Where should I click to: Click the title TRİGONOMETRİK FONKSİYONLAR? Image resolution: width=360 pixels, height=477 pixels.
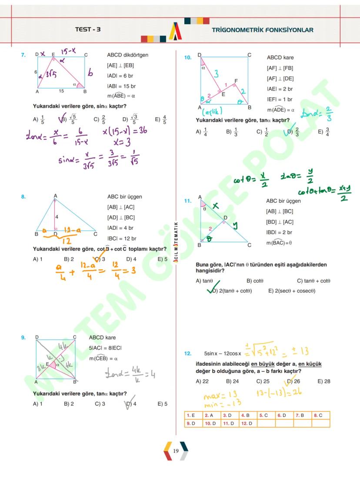[x=263, y=30]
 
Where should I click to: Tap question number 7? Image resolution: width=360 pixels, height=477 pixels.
[x=23, y=55]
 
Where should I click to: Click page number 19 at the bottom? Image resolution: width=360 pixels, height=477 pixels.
[x=176, y=451]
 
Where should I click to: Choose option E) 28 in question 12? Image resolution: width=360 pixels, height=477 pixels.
[x=323, y=381]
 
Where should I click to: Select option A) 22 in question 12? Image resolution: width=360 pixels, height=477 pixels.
[x=202, y=381]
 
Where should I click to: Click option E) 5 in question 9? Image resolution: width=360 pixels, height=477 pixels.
[x=162, y=404]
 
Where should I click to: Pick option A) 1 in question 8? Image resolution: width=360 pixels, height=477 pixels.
[x=38, y=259]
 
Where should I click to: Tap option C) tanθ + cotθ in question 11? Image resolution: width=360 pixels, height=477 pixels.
[x=313, y=281]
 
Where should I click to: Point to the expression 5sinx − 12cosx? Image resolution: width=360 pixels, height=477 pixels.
[x=223, y=354]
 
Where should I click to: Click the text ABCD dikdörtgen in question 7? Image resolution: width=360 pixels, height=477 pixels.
[x=127, y=55]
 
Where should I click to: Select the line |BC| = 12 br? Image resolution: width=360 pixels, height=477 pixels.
[x=121, y=238]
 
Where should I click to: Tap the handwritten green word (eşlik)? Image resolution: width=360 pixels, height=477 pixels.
[x=213, y=111]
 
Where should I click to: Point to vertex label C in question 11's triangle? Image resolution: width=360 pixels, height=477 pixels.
[x=249, y=245]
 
